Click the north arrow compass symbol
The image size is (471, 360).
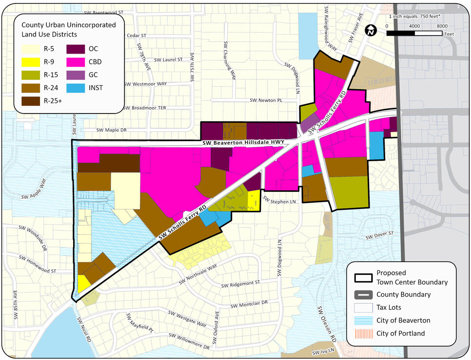click(x=371, y=30)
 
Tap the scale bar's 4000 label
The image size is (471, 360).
click(x=414, y=26)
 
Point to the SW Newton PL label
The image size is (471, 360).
click(x=266, y=100)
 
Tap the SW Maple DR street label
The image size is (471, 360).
click(x=111, y=130)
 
